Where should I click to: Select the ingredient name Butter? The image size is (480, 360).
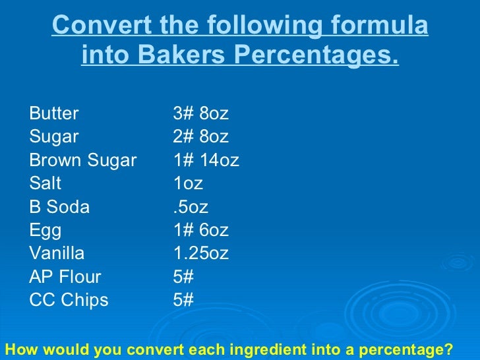54,114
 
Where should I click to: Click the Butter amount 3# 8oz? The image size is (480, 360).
200,114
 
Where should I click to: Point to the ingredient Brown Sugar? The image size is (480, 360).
83,160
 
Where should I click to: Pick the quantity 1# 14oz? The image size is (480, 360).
206,160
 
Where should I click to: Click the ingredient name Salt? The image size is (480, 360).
45,183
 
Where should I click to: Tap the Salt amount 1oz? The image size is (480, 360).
188,183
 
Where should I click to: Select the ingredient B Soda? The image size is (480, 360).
59,207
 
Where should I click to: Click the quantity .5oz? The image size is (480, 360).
190,207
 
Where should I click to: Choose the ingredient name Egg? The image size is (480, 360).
45,231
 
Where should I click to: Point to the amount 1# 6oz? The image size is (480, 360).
200,231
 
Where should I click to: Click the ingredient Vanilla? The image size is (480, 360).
57,254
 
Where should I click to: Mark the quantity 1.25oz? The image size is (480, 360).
200,254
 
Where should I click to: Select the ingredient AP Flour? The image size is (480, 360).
65,277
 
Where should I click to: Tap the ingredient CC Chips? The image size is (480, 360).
69,301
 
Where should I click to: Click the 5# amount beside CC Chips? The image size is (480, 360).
183,301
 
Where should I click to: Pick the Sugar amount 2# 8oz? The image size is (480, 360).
200,137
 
